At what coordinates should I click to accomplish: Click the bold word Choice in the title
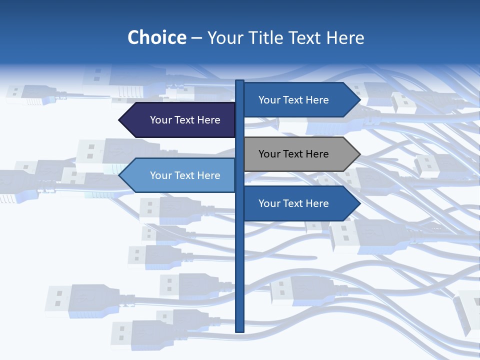[x=156, y=37]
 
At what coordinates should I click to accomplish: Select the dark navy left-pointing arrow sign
[x=178, y=120]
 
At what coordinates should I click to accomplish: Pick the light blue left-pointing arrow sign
[x=178, y=175]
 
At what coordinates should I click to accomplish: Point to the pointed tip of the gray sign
[x=359, y=154]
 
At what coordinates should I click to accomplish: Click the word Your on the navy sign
[x=160, y=120]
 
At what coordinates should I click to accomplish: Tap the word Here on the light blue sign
[x=208, y=175]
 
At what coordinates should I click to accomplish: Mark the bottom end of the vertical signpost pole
[x=239, y=330]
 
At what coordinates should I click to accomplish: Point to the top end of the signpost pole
[x=239, y=81]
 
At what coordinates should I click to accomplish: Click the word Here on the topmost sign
[x=317, y=100]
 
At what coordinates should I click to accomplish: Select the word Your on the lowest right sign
[x=269, y=203]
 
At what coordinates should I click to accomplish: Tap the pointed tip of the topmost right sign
[x=359, y=100]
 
